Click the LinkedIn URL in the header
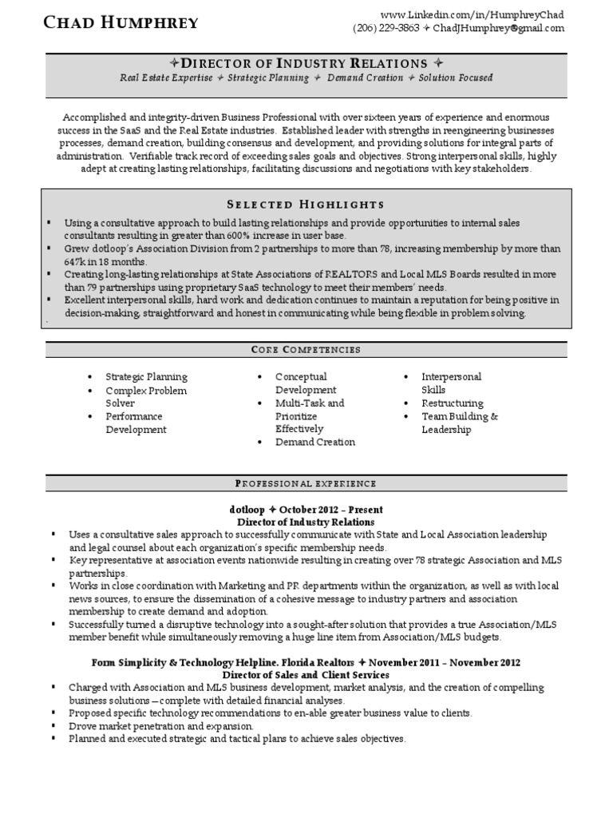(x=472, y=14)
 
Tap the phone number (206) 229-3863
(x=385, y=28)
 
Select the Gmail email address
(x=500, y=28)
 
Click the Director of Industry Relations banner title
(x=306, y=63)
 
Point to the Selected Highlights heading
(x=306, y=204)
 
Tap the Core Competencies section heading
(x=306, y=349)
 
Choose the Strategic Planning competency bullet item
(x=147, y=376)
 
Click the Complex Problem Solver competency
(x=146, y=397)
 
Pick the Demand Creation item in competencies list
(x=315, y=442)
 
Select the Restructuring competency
(x=453, y=403)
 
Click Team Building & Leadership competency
(x=459, y=423)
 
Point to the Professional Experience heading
(x=306, y=483)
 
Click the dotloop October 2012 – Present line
(x=306, y=509)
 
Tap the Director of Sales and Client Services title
(x=306, y=675)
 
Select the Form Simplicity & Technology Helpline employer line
(x=306, y=663)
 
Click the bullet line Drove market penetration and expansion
(x=161, y=726)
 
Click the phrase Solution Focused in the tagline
(x=456, y=77)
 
